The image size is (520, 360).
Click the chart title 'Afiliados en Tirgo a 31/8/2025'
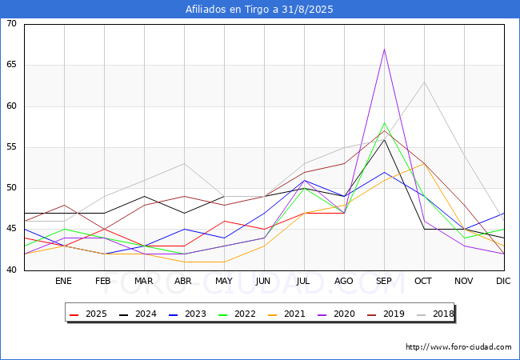tap(259, 10)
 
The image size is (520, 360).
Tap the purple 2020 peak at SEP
tap(384, 49)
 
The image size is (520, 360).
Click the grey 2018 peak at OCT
tap(424, 82)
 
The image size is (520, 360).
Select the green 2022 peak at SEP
tap(384, 123)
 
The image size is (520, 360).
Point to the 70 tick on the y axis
tap(11, 24)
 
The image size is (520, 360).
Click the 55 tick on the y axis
tap(11, 147)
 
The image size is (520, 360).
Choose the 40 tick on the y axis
tap(11, 270)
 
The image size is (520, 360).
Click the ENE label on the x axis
tap(64, 282)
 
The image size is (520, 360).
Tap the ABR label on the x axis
tap(184, 282)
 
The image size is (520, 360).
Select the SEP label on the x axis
tap(384, 282)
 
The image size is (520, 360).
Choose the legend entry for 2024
tap(137, 314)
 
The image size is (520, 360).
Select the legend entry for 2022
tap(236, 314)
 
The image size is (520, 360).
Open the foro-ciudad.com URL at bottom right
tap(458, 347)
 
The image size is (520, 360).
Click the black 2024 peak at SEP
tap(384, 139)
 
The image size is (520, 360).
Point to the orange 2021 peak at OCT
tap(424, 164)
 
